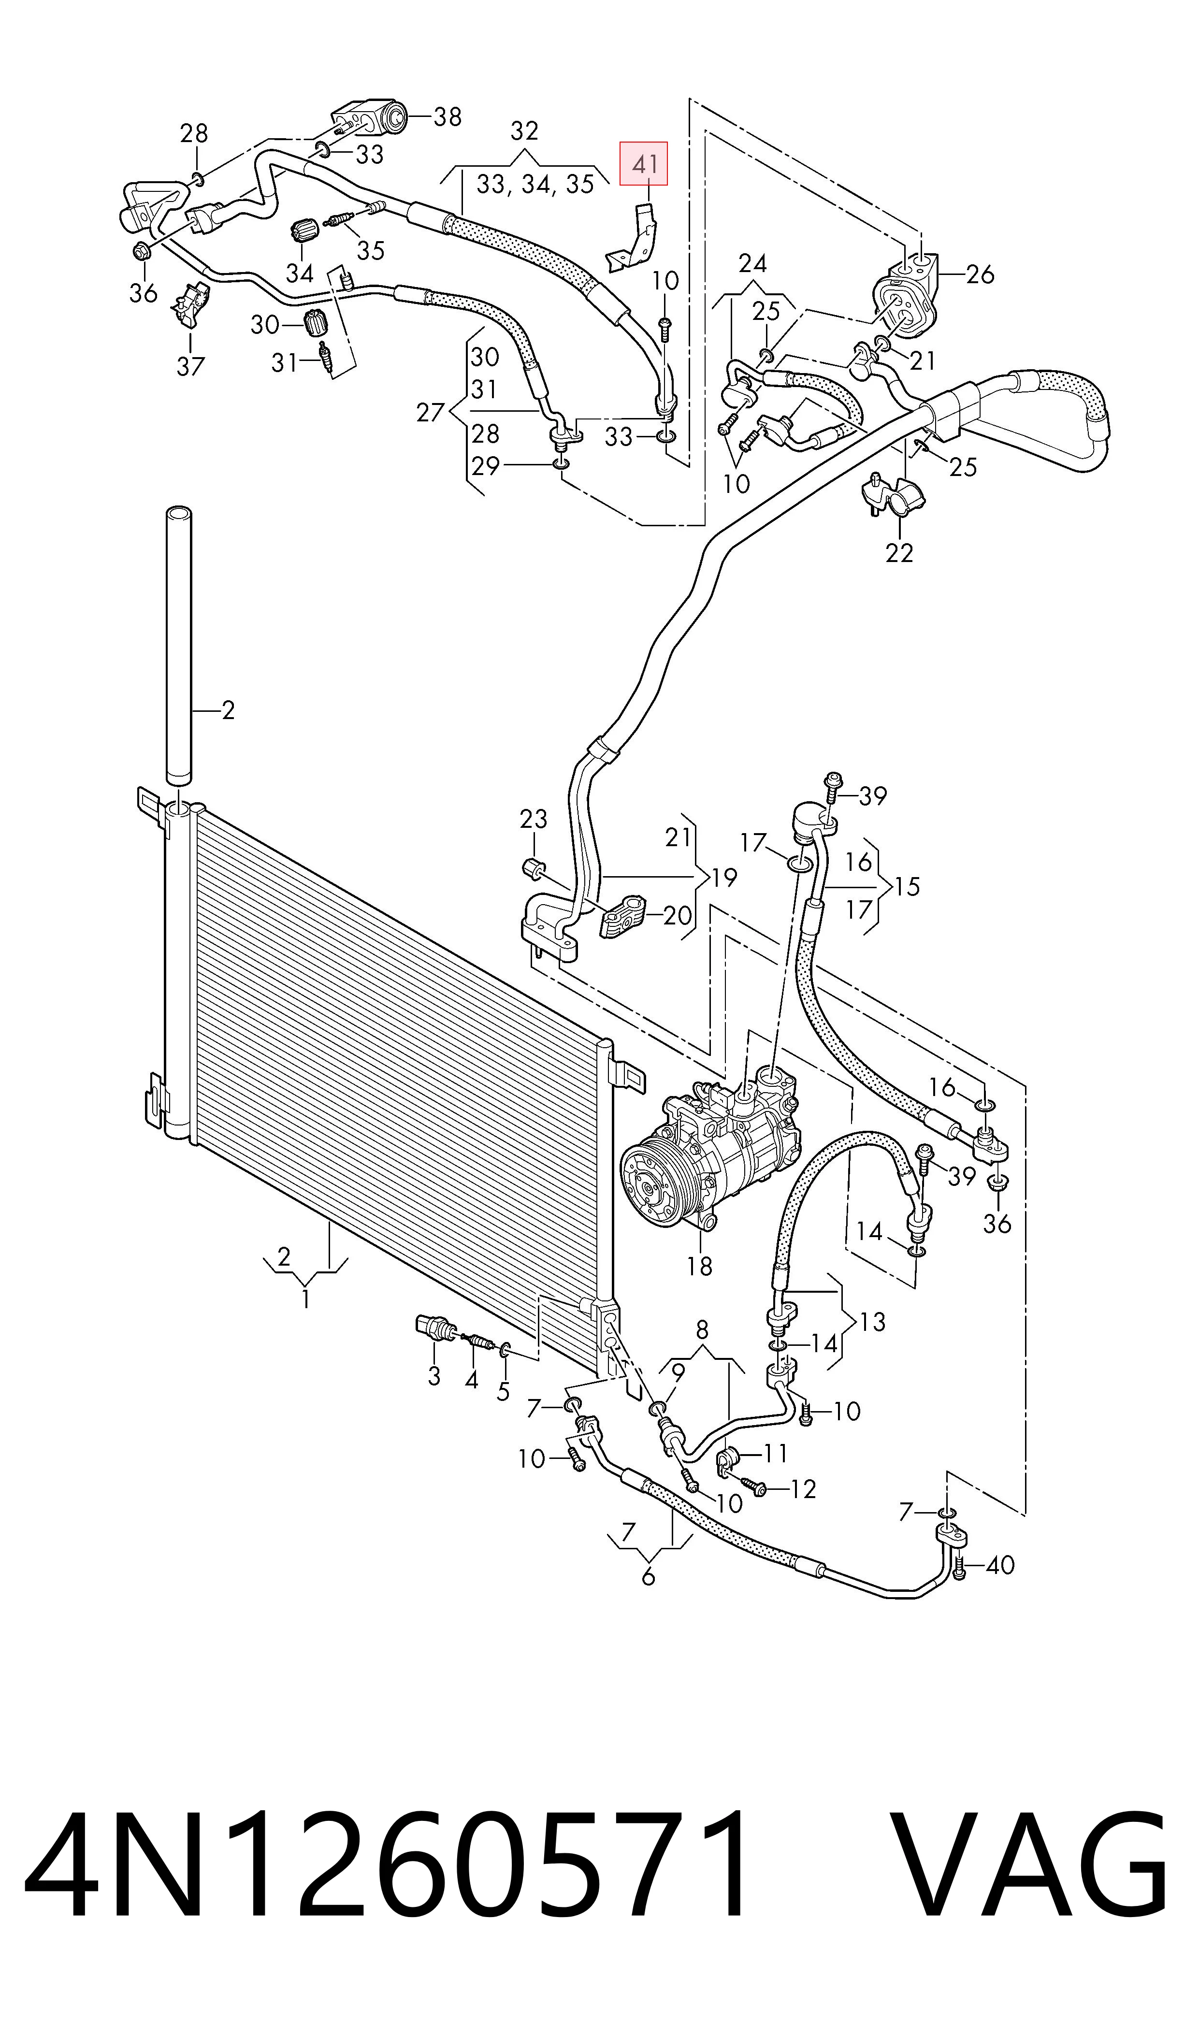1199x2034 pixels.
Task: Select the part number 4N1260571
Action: click(x=386, y=1861)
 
